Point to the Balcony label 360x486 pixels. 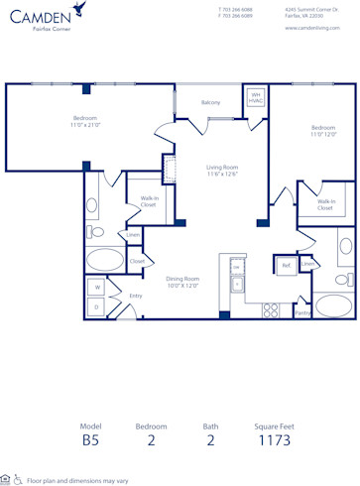point(210,102)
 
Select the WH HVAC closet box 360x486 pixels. point(254,99)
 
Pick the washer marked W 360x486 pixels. point(97,288)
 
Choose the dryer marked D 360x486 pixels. point(97,307)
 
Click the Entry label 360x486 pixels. point(136,296)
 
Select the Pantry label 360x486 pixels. point(302,312)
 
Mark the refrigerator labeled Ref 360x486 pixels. point(286,265)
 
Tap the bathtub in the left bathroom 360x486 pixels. point(103,261)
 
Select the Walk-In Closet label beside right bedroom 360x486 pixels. point(326,204)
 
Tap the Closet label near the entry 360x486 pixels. point(138,261)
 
